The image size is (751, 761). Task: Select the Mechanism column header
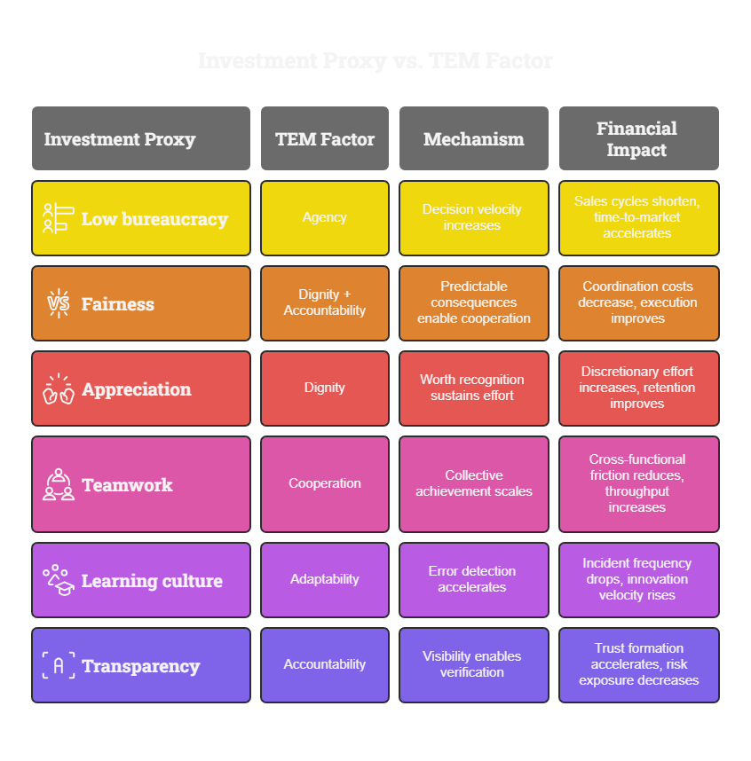pos(473,139)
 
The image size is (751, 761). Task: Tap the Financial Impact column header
pos(636,139)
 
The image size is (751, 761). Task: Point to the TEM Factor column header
pos(325,139)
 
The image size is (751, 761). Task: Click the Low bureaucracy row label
pos(154,219)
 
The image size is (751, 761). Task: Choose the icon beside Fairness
pos(59,303)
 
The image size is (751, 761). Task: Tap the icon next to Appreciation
pos(59,388)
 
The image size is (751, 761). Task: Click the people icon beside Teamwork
pos(59,484)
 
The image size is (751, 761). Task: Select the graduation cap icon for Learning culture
pos(59,580)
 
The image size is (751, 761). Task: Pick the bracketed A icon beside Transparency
pos(59,665)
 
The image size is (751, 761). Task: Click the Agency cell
pos(325,217)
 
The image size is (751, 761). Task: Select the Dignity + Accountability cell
pos(325,302)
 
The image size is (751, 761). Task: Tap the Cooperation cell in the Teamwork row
pos(325,483)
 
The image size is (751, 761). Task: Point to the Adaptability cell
pos(325,579)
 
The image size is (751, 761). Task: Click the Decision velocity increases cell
pos(472,217)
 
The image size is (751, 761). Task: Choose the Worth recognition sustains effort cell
pos(472,388)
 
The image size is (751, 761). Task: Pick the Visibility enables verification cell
pos(472,664)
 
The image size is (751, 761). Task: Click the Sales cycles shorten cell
pos(637,217)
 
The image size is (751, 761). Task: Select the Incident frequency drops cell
pos(637,579)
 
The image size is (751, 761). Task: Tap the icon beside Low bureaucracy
pos(57,218)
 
